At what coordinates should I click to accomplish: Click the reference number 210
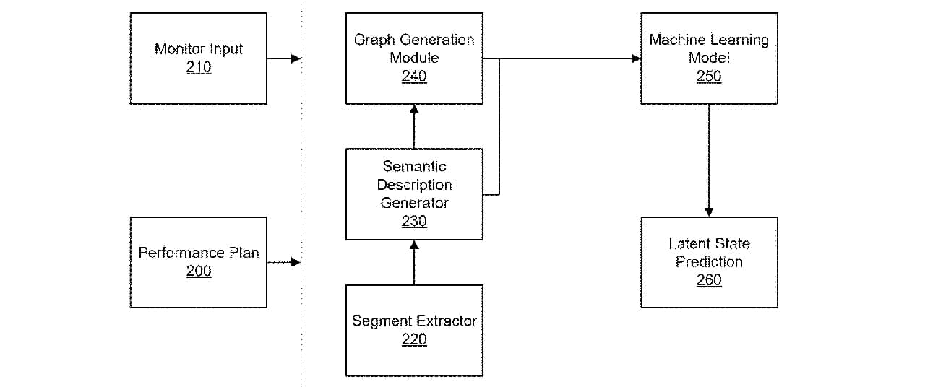pyautogui.click(x=199, y=67)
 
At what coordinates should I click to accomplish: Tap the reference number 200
pyautogui.click(x=199, y=271)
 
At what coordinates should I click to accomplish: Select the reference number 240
pyautogui.click(x=414, y=76)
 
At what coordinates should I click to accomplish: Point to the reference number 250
pyautogui.click(x=709, y=76)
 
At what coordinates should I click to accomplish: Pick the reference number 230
pyautogui.click(x=414, y=221)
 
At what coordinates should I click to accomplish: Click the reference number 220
pyautogui.click(x=414, y=339)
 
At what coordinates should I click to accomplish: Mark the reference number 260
pyautogui.click(x=709, y=279)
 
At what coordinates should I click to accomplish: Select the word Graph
pyautogui.click(x=375, y=40)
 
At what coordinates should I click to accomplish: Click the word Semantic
pyautogui.click(x=414, y=166)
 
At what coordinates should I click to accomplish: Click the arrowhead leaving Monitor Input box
pyautogui.click(x=296, y=58)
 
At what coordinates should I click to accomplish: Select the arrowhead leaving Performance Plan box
pyautogui.click(x=296, y=262)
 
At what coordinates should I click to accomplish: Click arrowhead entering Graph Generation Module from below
pyautogui.click(x=414, y=109)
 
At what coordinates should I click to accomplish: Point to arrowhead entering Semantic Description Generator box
pyautogui.click(x=414, y=245)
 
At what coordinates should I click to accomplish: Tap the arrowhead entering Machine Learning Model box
pyautogui.click(x=636, y=58)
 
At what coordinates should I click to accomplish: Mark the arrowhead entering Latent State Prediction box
pyautogui.click(x=709, y=212)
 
